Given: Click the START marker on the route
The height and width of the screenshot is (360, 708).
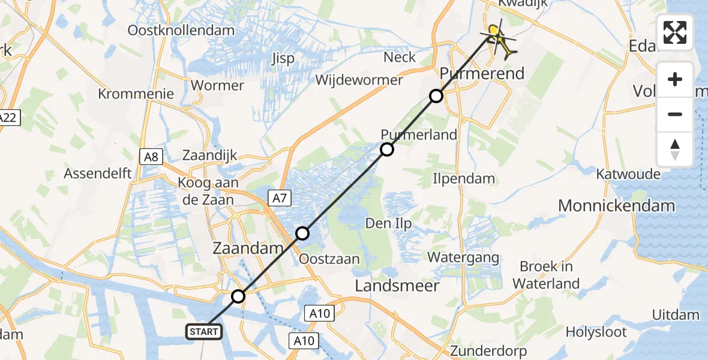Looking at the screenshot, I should coord(205,331).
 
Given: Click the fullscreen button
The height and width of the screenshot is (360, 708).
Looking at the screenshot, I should coord(675,32).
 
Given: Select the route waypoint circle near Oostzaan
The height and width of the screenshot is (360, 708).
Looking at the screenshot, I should coord(302,233).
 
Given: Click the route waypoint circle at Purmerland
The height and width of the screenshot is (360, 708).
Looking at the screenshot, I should coord(387,149).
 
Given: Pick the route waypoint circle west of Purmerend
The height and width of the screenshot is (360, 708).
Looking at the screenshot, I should coord(436,96).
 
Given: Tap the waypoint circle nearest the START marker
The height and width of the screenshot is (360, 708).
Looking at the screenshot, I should coord(239,296).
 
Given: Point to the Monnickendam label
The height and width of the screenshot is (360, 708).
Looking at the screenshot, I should coord(616,206).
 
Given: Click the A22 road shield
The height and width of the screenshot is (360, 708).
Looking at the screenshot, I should coord(8,117).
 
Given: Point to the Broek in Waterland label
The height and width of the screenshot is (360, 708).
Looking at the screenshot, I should coord(546,275).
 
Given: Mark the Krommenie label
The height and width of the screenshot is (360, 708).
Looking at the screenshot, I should coord(136,94).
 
